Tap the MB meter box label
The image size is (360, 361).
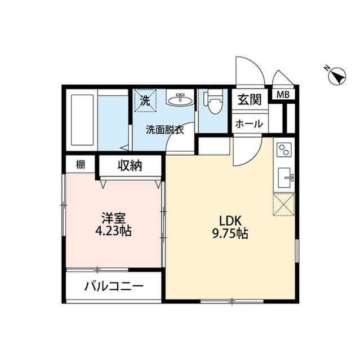(282, 95)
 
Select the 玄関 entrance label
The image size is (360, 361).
(248, 100)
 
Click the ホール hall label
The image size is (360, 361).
(248, 124)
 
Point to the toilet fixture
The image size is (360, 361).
(213, 103)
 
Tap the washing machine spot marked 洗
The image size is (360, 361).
(145, 102)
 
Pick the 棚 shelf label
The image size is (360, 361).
(81, 165)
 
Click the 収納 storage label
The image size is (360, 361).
(130, 166)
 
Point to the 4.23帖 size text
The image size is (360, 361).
(113, 231)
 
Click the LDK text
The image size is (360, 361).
(230, 221)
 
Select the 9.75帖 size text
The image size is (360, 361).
(230, 233)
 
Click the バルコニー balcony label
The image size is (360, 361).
(114, 286)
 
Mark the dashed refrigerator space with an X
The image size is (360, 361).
(283, 204)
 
